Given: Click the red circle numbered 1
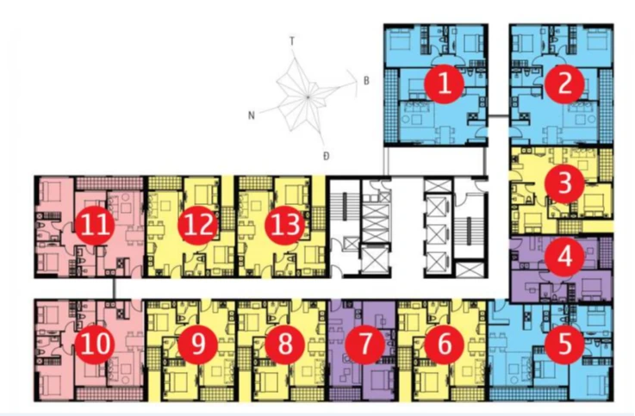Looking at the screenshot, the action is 445,84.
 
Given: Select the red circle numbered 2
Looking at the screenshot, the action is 564,84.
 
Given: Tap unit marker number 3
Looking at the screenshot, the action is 564,183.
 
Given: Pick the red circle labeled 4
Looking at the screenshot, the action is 564,257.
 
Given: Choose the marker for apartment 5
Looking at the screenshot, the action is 564,344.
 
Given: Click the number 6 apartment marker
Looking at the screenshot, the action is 445,344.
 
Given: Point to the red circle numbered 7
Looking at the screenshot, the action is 364,344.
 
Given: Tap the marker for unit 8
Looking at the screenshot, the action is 284,344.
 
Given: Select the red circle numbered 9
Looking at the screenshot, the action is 198,344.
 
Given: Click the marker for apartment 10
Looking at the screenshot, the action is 95,344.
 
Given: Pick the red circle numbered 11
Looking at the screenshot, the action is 95,225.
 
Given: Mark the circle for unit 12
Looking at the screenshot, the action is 198,225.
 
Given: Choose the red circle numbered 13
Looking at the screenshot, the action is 284,225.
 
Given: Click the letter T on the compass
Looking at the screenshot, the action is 292,40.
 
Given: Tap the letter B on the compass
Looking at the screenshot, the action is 366,81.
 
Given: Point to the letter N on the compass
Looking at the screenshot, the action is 252,115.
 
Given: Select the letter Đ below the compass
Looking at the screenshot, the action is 327,156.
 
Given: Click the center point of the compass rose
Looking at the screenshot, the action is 308,97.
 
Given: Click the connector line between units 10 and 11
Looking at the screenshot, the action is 115,289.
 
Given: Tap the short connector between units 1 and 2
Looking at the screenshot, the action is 499,117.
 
